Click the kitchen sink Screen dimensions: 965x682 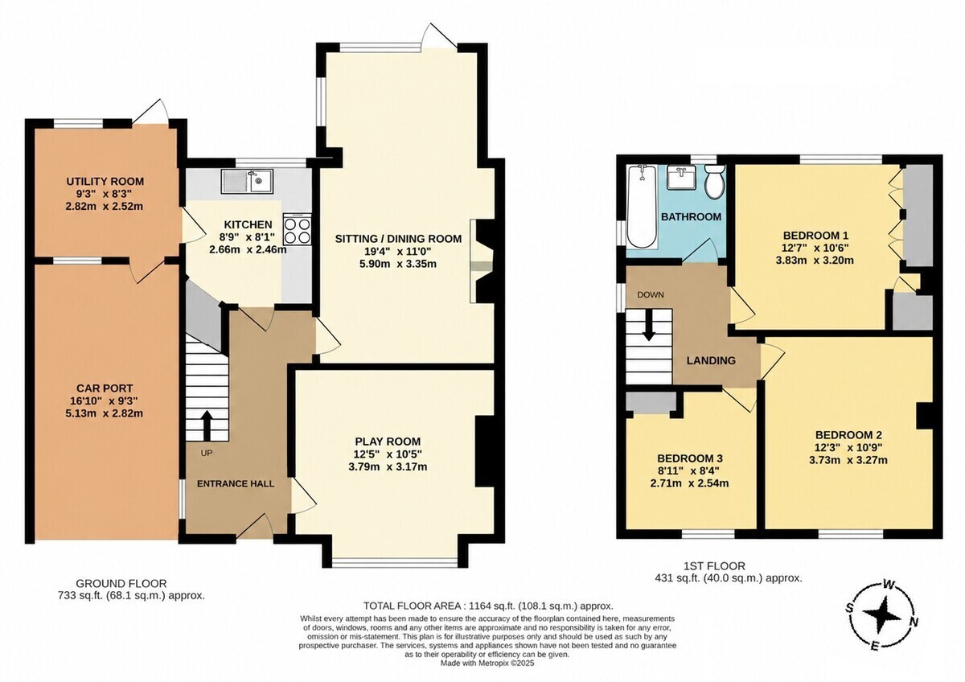[248, 181]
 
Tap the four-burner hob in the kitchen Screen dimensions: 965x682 [298, 230]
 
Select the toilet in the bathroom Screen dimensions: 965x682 [715, 183]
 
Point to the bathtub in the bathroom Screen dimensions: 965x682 [642, 207]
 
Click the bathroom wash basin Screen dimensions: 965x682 [682, 178]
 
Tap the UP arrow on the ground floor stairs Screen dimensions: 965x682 [207, 425]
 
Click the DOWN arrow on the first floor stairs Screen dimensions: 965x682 [649, 326]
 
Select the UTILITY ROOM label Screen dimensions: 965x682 [105, 182]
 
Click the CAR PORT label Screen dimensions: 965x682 [105, 388]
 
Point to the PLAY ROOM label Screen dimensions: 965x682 [388, 442]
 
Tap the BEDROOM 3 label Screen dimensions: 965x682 [690, 458]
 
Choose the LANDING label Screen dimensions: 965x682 [711, 360]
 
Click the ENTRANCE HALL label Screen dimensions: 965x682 [236, 483]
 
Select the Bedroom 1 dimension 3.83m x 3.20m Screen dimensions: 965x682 [815, 261]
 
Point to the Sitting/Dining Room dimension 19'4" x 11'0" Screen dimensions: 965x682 [399, 251]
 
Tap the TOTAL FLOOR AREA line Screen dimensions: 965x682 [488, 606]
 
